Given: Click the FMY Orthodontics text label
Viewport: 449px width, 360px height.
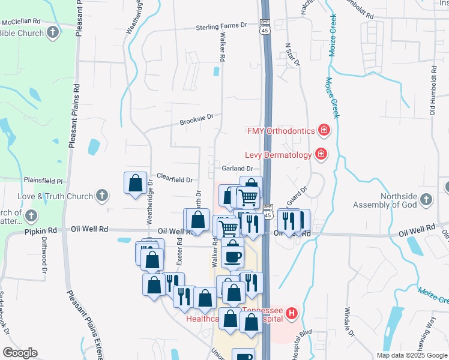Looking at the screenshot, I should coord(280,130).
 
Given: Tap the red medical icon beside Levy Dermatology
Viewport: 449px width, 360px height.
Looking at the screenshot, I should coord(321,155).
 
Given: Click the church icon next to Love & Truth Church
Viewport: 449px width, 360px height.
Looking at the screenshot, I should coord(102,196).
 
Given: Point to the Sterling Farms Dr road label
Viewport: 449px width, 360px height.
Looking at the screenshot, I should coord(222,27).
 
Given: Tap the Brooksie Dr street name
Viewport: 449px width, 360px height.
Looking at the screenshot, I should coord(197,121).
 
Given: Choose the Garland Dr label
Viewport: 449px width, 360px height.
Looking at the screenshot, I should coord(237,169).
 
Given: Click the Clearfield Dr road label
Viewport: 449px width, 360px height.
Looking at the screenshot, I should coord(174,179).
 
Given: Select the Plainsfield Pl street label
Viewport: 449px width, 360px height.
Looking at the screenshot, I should coord(43,180).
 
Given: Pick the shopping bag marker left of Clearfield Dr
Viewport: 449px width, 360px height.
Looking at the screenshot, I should coord(136,183).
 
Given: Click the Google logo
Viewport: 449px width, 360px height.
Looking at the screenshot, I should coord(20,353).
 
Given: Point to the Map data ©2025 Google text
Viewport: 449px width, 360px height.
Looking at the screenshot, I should coord(411,355).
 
